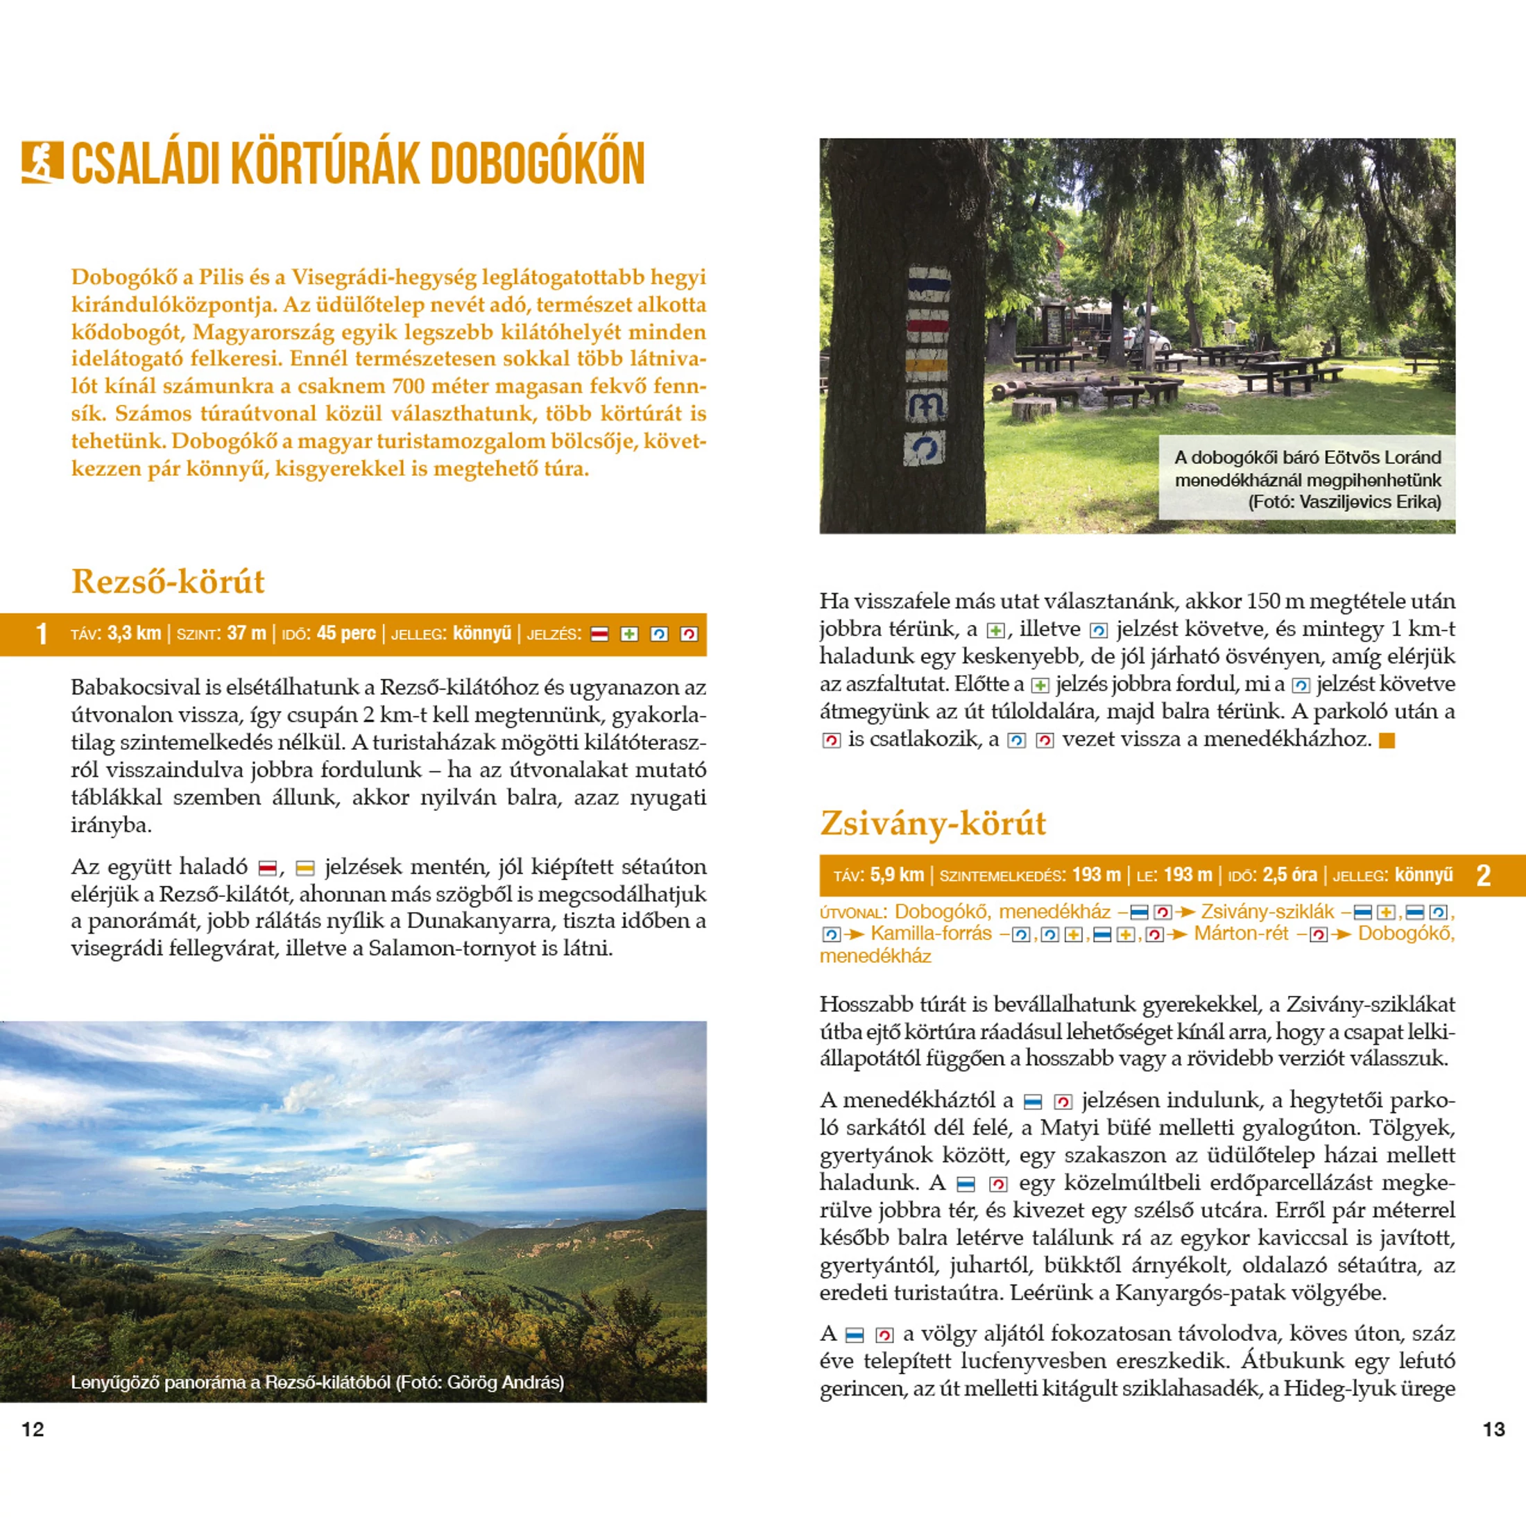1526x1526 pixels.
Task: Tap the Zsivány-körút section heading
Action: tap(933, 823)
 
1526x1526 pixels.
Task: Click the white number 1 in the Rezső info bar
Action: tap(42, 634)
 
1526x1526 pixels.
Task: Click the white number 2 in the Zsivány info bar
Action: tap(1484, 876)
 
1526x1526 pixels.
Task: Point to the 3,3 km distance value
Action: tap(135, 633)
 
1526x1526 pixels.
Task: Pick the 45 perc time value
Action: tap(346, 633)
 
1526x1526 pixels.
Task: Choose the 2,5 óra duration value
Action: tap(1290, 875)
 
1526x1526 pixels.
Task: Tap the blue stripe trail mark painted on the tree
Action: tap(928, 284)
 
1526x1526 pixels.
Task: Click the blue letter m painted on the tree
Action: tap(927, 405)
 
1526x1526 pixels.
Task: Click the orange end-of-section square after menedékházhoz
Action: tap(1386, 740)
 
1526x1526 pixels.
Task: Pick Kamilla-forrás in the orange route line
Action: tap(930, 934)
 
